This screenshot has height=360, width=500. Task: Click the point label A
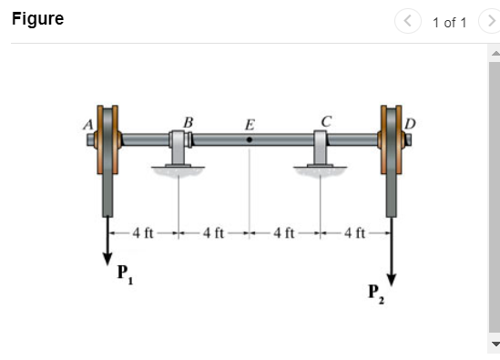pos(88,125)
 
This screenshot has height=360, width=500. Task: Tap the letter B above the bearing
pos(189,122)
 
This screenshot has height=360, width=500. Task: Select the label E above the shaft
pos(250,125)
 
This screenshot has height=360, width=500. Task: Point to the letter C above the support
pos(327,121)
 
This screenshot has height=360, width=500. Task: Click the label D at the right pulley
pos(410,124)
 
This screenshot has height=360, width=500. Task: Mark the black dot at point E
pos(250,139)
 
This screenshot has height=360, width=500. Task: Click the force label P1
pos(126,273)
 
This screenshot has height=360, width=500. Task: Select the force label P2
pos(376,293)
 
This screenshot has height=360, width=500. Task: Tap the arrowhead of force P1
pos(107,259)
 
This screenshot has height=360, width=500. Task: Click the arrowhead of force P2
pos(392,280)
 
